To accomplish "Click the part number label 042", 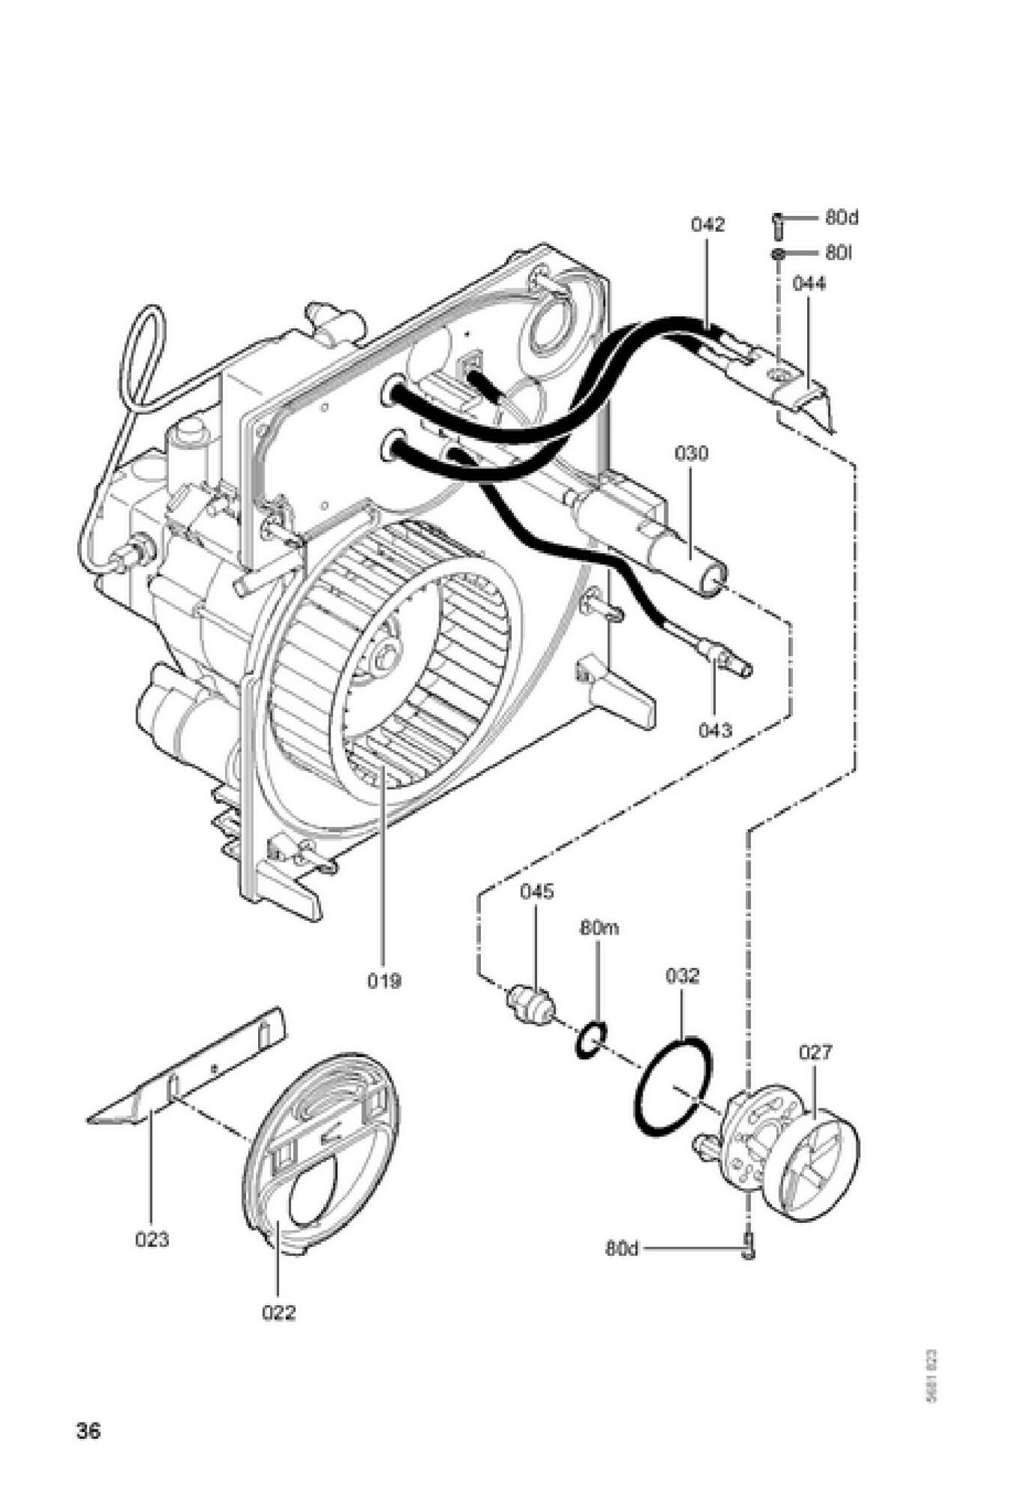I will point(708,225).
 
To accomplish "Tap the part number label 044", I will point(809,284).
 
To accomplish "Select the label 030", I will point(691,454).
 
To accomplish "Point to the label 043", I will point(716,730).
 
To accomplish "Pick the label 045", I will point(537,892).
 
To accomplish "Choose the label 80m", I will point(599,929).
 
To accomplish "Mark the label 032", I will point(682,976).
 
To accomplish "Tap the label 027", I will point(815,1052).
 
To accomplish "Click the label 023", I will point(152,1240).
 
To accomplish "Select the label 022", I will point(278,1313).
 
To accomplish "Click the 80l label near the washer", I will point(839,253).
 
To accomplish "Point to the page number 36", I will point(88,1431).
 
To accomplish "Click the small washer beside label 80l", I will point(778,254).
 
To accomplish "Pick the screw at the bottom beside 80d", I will point(748,1248).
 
